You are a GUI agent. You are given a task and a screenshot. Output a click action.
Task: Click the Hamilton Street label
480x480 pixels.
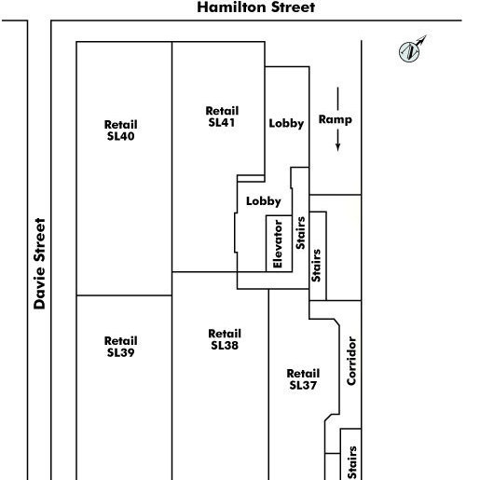pos(256,7)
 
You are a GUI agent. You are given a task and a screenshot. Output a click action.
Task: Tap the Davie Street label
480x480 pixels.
pos(40,264)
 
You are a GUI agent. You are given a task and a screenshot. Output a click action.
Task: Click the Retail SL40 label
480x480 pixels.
pos(120,130)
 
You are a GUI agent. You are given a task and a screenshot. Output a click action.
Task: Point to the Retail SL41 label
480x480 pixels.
pos(222,117)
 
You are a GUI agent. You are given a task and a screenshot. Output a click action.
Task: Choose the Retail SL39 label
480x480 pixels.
pos(120,347)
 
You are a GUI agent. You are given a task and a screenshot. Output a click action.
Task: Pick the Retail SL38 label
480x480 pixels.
pos(225,339)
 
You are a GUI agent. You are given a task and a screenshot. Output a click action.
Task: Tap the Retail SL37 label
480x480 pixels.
pos(303,379)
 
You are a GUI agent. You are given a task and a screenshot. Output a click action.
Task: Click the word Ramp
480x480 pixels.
pos(336,120)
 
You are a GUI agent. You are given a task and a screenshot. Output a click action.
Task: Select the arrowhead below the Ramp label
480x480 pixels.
pos(337,147)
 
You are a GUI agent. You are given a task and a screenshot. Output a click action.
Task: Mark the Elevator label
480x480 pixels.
pos(278,244)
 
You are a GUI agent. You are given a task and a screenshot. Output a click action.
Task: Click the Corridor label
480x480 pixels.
pos(351,361)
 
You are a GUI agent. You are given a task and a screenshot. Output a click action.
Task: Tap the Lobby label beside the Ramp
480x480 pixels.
pos(286,123)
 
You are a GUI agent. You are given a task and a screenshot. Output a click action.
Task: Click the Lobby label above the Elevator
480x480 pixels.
pos(264,201)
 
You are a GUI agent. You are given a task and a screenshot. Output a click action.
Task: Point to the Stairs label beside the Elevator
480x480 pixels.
pos(300,233)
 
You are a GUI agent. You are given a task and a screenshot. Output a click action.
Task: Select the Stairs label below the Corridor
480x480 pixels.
pos(352,462)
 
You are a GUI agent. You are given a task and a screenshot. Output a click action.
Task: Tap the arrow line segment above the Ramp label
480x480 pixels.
pos(337,99)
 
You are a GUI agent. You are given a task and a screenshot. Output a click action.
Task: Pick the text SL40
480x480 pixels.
pos(120,136)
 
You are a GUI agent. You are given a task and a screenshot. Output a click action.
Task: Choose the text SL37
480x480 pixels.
pos(303,385)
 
